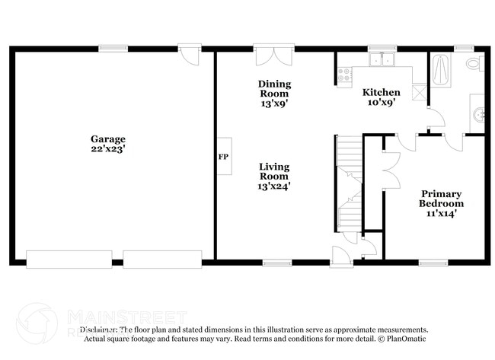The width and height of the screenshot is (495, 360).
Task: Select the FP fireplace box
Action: tap(224, 157)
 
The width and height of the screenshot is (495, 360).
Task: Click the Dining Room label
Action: tap(274, 88)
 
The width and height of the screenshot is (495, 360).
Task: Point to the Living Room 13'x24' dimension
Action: tap(274, 185)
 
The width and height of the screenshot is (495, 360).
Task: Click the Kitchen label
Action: tap(381, 92)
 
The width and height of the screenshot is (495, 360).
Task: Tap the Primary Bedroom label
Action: tap(441, 199)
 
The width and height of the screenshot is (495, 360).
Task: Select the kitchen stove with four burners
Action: tap(343, 75)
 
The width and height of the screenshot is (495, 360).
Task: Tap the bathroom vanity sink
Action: tap(477, 115)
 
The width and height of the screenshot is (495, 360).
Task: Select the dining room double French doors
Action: tap(274, 56)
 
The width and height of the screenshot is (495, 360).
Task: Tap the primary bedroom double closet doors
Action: tap(391, 167)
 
